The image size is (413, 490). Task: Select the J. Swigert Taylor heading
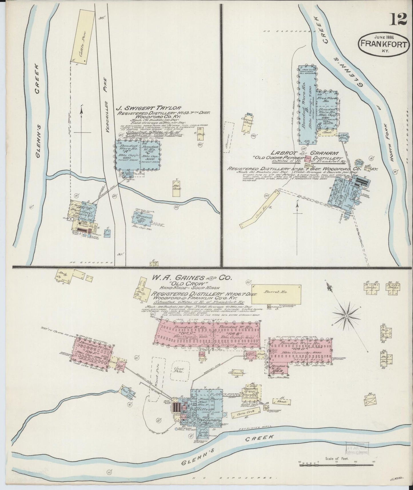(149, 108)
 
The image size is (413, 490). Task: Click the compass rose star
(346, 316)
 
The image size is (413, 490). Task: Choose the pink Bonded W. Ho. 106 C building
(185, 333)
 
